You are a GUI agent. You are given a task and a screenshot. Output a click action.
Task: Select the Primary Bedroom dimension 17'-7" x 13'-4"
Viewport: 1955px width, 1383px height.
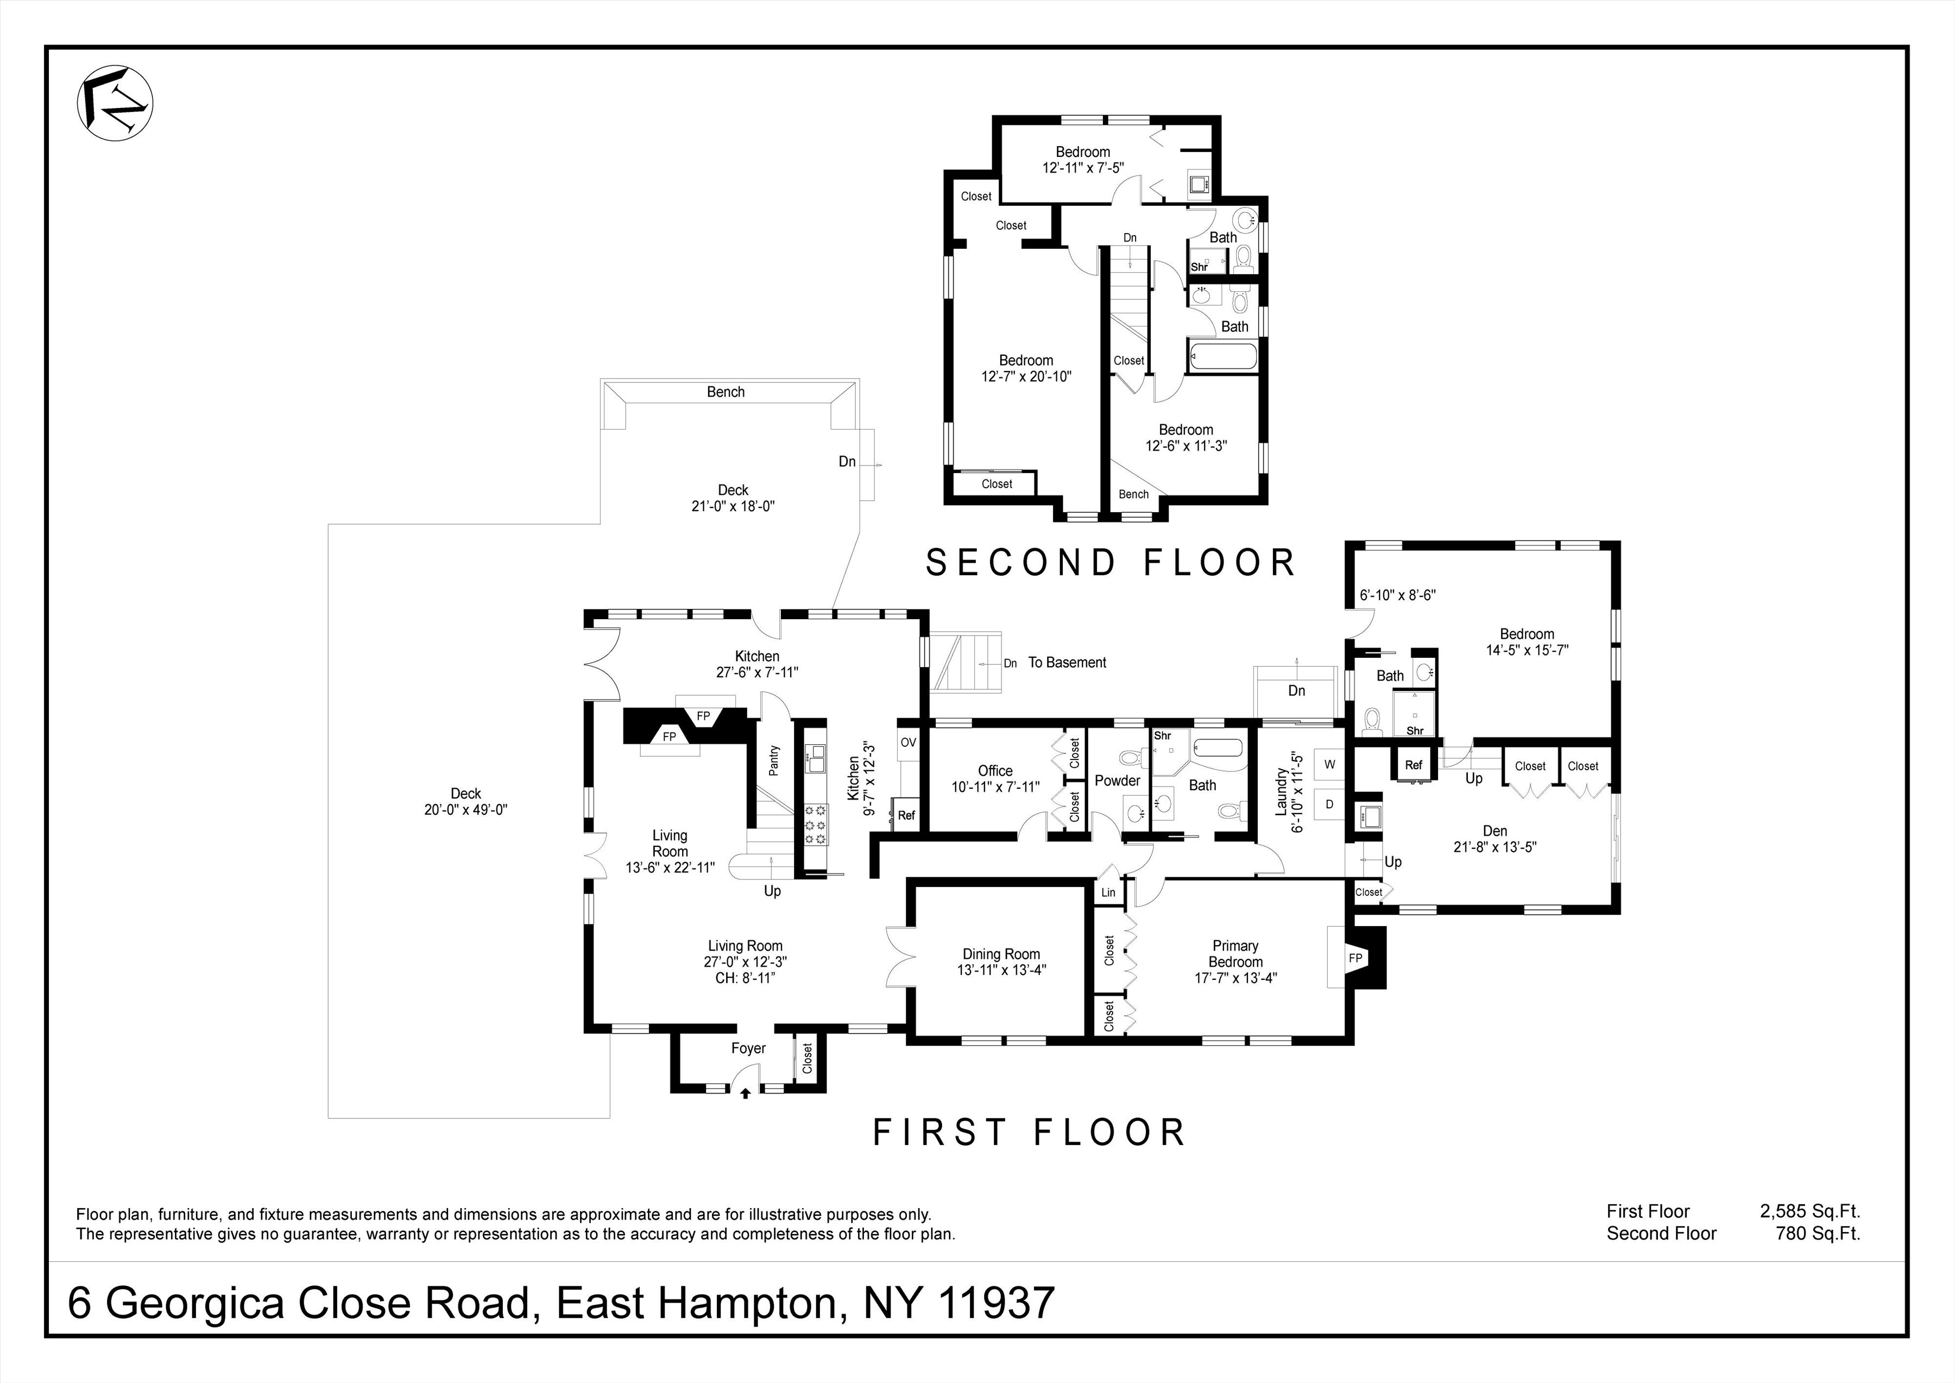tap(1235, 978)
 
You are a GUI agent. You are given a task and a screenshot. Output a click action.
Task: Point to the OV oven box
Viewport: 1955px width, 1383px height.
tap(907, 743)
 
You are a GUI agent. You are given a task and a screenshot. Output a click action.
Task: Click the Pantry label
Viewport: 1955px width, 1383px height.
tap(774, 760)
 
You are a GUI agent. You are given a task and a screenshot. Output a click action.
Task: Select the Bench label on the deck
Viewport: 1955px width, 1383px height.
tap(726, 392)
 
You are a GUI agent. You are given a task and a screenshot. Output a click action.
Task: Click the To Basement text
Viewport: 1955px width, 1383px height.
tap(1067, 663)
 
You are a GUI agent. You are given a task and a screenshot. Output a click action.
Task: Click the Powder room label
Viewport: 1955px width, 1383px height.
tap(1117, 780)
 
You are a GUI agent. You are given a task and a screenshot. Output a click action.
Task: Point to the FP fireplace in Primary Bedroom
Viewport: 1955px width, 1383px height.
tap(1355, 958)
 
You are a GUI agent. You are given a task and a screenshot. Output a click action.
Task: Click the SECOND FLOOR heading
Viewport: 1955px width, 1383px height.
tap(1111, 563)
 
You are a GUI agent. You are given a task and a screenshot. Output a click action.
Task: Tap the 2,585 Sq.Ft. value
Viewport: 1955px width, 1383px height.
tap(1809, 1211)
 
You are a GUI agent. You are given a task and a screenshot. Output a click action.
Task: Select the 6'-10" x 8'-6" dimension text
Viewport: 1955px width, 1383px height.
tap(1397, 595)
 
